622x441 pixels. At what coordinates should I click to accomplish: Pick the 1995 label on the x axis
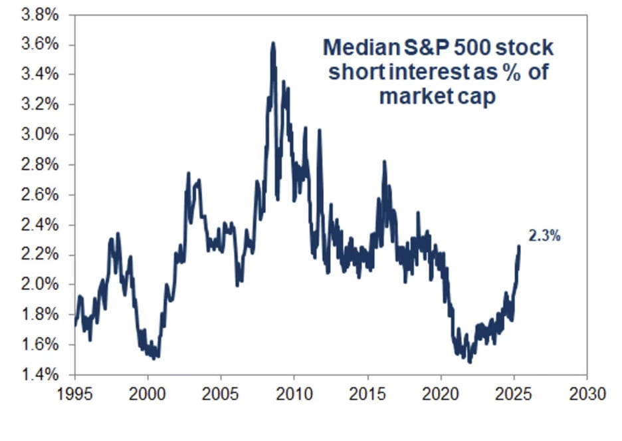pyautogui.click(x=74, y=394)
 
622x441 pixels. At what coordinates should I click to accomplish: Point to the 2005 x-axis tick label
pyautogui.click(x=221, y=394)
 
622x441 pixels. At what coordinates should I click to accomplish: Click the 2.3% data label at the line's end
pyautogui.click(x=544, y=235)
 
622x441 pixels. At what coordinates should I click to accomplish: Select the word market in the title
pyautogui.click(x=411, y=96)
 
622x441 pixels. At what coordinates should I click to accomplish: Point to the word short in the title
pyautogui.click(x=352, y=72)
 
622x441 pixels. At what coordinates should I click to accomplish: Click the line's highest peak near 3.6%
pyautogui.click(x=272, y=44)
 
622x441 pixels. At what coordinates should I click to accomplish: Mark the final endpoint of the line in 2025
pyautogui.click(x=518, y=247)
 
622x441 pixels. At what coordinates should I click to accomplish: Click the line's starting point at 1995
pyautogui.click(x=74, y=324)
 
